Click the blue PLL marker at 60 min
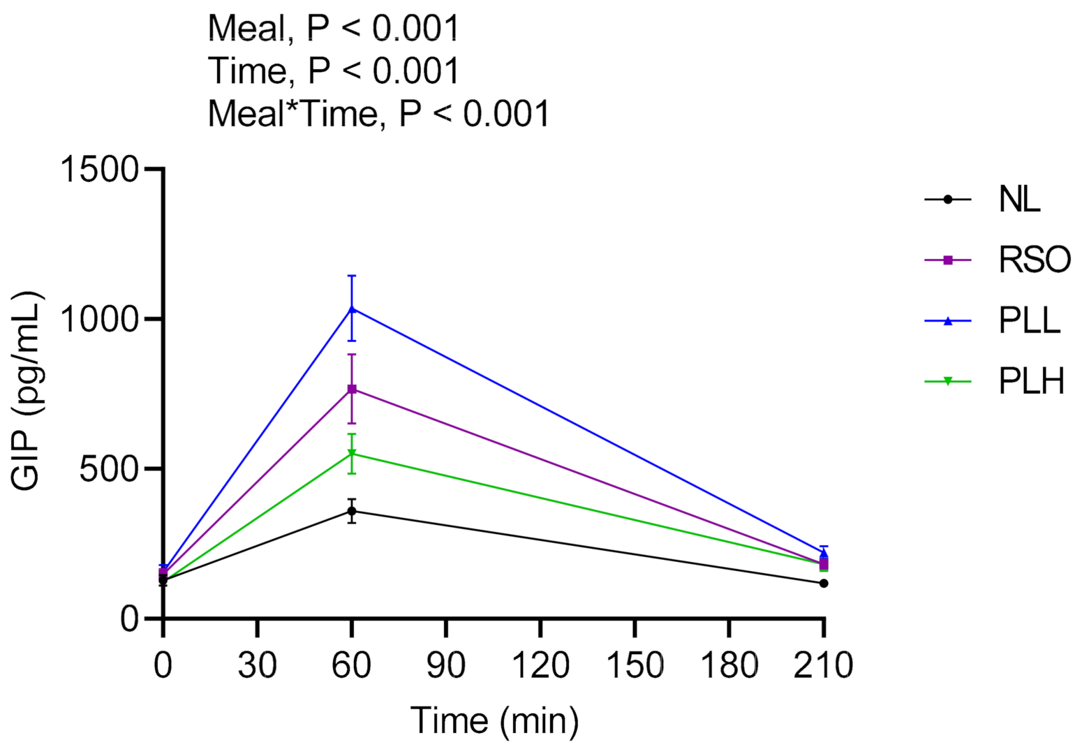[x=352, y=309]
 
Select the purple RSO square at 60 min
[x=352, y=390]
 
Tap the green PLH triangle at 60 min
[x=352, y=454]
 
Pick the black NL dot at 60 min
[x=352, y=511]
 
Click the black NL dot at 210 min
[x=823, y=583]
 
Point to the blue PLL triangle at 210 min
[x=823, y=553]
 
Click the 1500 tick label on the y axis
[x=100, y=170]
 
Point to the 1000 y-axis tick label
[x=100, y=319]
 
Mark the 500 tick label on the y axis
[x=109, y=469]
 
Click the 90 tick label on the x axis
[x=446, y=665]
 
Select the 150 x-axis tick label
[x=635, y=665]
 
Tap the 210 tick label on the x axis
[x=823, y=665]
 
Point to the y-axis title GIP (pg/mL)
[x=27, y=391]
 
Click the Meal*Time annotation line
[x=378, y=114]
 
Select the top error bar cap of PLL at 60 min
[x=352, y=276]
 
